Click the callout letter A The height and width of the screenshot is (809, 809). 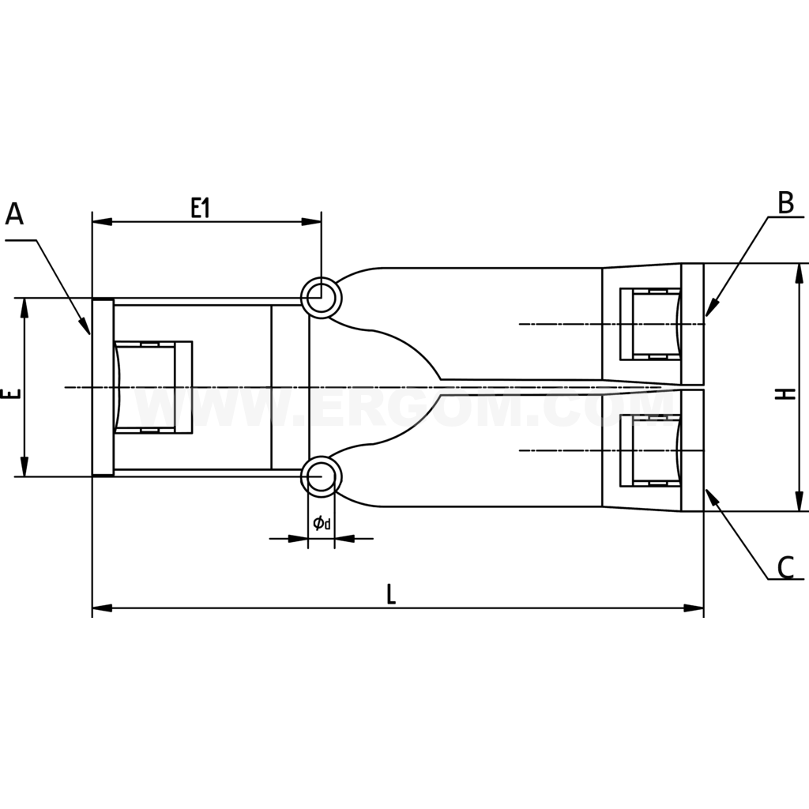15,214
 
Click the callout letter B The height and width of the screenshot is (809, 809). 785,203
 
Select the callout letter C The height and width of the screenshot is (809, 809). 785,567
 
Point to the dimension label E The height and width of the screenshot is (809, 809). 9,393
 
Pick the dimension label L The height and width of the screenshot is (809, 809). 391,594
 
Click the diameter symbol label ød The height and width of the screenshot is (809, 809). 321,523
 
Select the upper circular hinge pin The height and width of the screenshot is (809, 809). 321,298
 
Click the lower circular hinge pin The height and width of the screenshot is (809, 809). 321,476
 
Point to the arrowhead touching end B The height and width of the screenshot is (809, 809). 710,309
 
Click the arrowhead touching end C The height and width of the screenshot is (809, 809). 711,497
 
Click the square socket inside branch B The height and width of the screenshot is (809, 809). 650,324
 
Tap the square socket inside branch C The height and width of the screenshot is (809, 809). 650,450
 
